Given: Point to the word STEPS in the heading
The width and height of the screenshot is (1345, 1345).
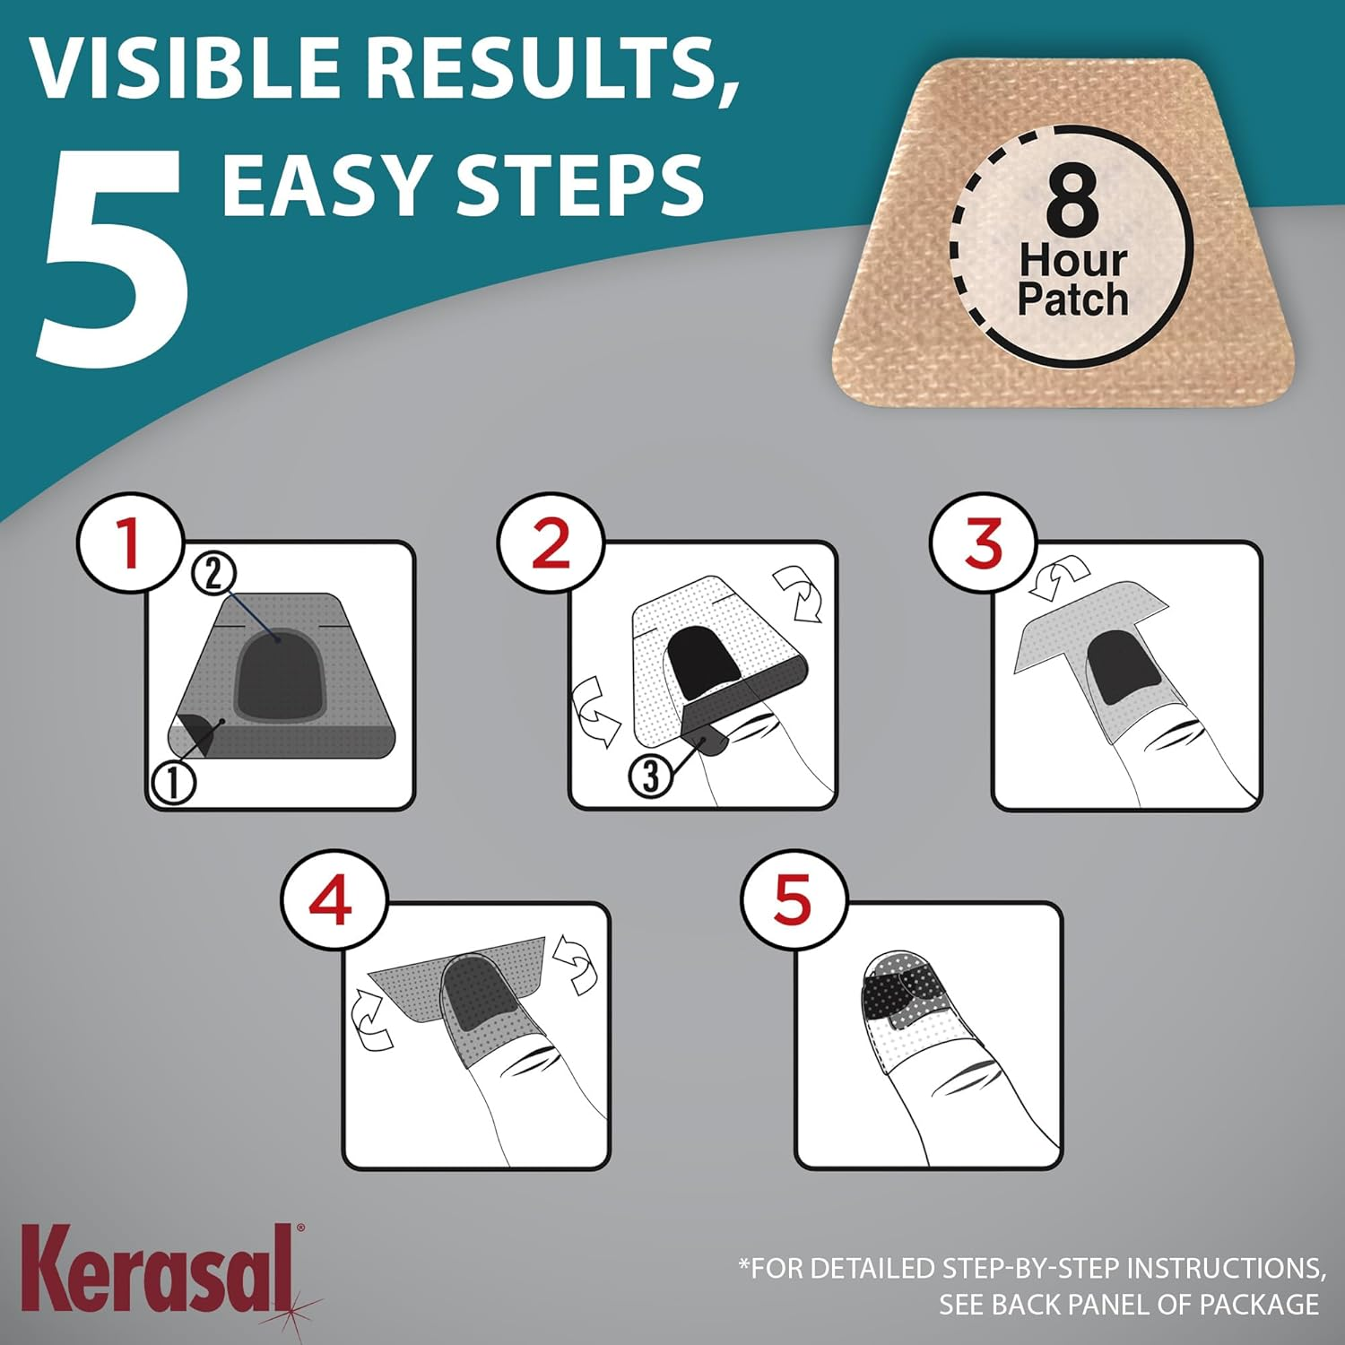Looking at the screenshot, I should [580, 184].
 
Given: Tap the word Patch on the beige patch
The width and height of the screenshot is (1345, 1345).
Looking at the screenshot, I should [1072, 299].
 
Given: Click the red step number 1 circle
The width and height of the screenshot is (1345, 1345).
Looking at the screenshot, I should [131, 543].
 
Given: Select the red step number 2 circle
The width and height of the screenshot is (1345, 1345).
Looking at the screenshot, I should [551, 543].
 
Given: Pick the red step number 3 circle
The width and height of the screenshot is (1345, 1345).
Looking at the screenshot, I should [984, 543].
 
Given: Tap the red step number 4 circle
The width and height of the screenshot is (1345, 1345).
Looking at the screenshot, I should [332, 901].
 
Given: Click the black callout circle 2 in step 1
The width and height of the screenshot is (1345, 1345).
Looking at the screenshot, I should [213, 573].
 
